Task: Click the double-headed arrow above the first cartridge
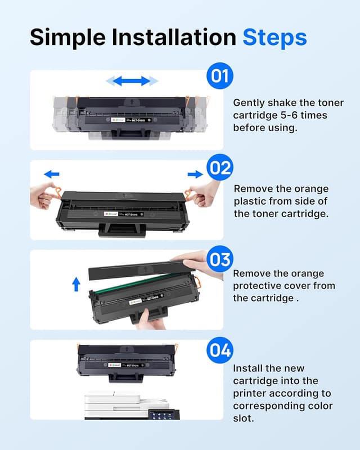tap(132, 81)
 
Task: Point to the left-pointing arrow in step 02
tap(52, 174)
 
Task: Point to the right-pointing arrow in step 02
tap(195, 174)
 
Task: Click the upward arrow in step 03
tap(76, 284)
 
